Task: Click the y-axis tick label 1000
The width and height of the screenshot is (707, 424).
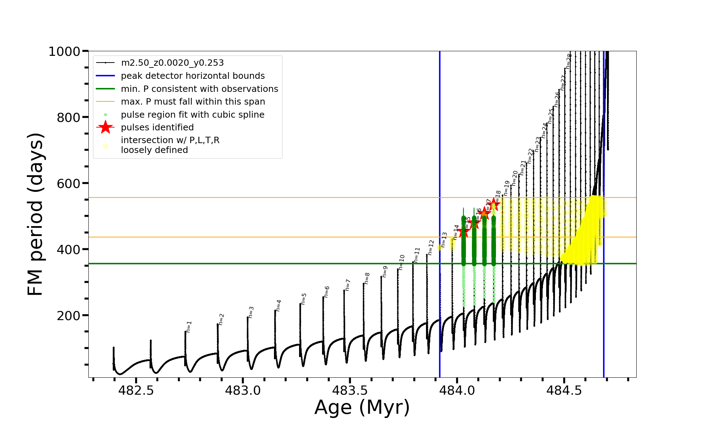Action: [64, 52]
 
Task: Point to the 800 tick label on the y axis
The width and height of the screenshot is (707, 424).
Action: [69, 117]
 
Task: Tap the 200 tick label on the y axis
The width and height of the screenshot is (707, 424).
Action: [69, 316]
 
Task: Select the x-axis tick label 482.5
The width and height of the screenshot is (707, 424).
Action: [136, 390]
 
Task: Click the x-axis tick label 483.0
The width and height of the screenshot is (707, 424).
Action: [243, 390]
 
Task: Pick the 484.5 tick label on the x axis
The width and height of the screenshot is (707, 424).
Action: [564, 390]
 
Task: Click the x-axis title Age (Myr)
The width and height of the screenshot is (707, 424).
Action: [362, 407]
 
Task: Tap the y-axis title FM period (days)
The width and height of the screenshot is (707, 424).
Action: [35, 214]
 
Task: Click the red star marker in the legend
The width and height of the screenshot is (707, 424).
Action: [105, 127]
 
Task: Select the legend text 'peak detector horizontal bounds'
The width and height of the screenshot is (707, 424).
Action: [193, 76]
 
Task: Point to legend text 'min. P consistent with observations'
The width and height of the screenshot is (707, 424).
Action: [199, 89]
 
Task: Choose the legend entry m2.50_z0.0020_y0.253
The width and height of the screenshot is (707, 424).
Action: [172, 63]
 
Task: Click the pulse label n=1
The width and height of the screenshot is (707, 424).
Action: [189, 327]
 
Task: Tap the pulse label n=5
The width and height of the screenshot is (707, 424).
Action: [304, 299]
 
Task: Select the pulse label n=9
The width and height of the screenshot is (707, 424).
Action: [385, 272]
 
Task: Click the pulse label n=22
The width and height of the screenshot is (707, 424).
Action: [530, 156]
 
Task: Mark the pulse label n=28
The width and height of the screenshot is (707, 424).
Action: [568, 61]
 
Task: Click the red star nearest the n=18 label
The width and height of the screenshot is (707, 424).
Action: [494, 204]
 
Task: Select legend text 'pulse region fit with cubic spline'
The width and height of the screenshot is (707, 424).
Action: [193, 115]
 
